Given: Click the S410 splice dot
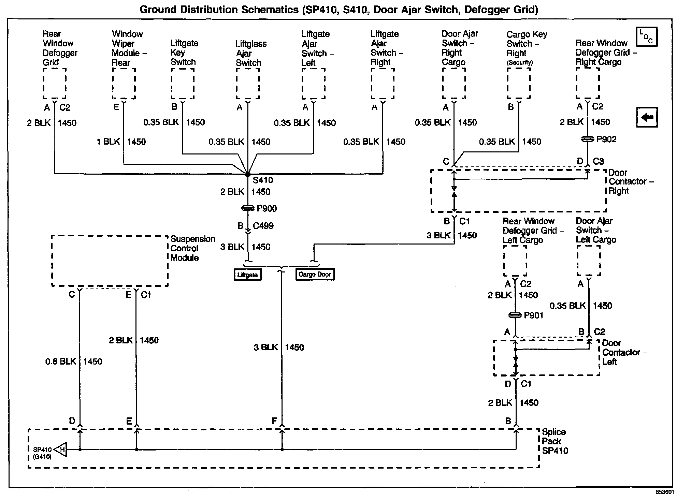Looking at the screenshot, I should [x=248, y=174].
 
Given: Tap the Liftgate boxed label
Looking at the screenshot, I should [x=248, y=275].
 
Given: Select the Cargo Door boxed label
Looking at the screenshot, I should [x=315, y=274].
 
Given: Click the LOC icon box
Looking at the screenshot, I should [x=647, y=37].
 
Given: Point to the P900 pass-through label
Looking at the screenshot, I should [x=267, y=209].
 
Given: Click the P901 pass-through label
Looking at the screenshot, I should [x=533, y=315].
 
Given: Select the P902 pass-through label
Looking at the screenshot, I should [x=606, y=139].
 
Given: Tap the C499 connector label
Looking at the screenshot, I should [x=263, y=226].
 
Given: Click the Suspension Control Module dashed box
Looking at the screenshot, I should [x=110, y=261].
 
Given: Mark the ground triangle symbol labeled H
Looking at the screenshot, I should [x=61, y=450].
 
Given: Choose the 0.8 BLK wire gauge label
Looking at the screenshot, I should [x=61, y=361].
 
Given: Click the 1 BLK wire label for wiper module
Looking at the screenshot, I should [x=108, y=142].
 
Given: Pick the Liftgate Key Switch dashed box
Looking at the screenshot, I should [x=183, y=84].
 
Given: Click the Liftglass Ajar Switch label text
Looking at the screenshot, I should [x=250, y=53].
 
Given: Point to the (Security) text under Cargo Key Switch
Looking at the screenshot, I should [x=519, y=62].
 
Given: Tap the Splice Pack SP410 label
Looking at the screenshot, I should [x=555, y=441].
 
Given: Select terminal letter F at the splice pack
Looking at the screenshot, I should [x=274, y=421].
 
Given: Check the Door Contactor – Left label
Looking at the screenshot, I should [x=624, y=352].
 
